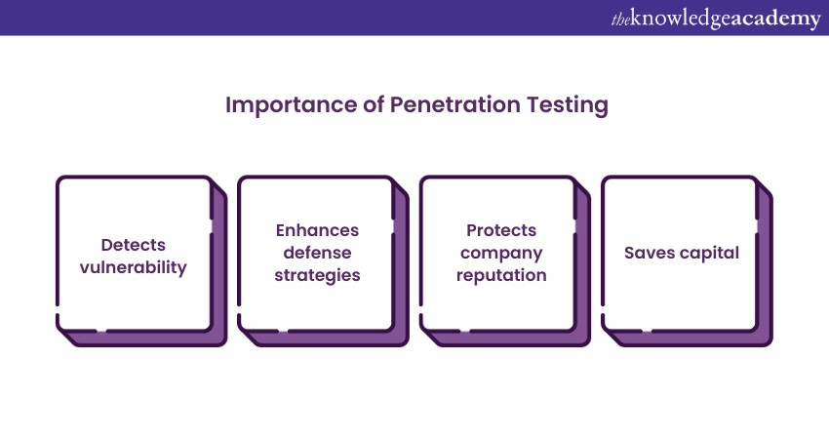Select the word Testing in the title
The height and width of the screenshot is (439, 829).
[568, 105]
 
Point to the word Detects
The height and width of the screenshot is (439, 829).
[134, 245]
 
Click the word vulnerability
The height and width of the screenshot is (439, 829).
[134, 267]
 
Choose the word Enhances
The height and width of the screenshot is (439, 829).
[317, 230]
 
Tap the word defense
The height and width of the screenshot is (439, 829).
[317, 253]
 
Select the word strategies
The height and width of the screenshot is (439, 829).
[317, 275]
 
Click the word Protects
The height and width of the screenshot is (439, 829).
[501, 230]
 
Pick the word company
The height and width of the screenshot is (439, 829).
[501, 254]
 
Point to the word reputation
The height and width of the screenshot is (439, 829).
[501, 275]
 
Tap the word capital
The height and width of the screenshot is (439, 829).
[709, 254]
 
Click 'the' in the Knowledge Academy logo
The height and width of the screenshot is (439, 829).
[620, 20]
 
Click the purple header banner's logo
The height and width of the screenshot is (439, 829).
[717, 20]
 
